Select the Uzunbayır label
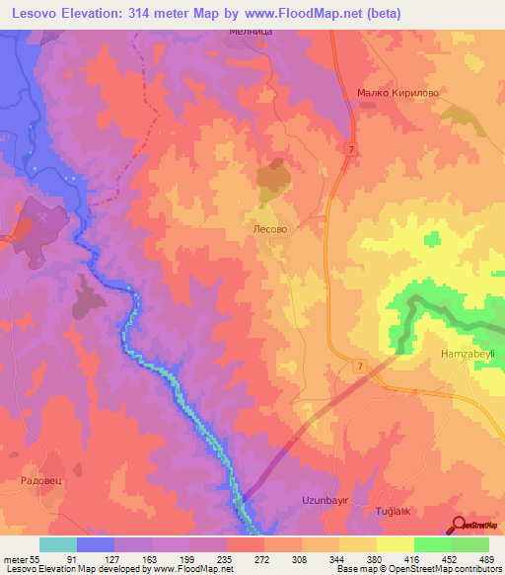[326, 501]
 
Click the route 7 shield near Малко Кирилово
[350, 149]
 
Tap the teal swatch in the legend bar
[58, 544]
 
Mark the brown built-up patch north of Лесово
[272, 177]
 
